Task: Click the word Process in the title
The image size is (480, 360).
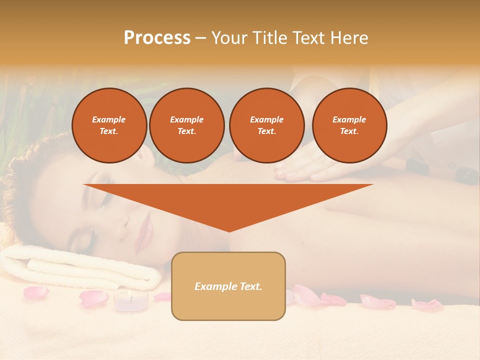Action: [x=157, y=38]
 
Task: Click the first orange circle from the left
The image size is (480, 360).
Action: [x=109, y=125]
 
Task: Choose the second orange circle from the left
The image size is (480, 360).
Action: [x=186, y=125]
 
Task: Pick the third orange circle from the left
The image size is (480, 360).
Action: [x=266, y=125]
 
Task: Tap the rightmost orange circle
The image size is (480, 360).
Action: [x=349, y=125]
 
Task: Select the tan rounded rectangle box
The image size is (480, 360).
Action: [x=228, y=305]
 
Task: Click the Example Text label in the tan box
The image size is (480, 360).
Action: [x=228, y=286]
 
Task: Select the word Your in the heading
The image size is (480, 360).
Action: [x=229, y=38]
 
